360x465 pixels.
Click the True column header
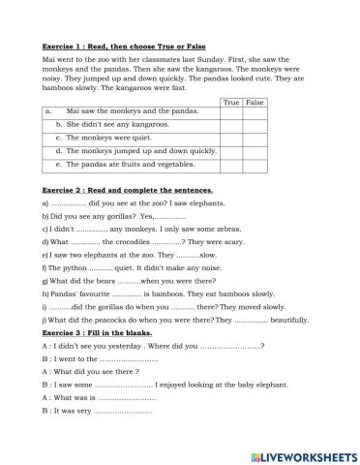pos(230,101)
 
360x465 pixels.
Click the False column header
pos(255,101)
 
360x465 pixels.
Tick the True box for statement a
pos(230,112)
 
